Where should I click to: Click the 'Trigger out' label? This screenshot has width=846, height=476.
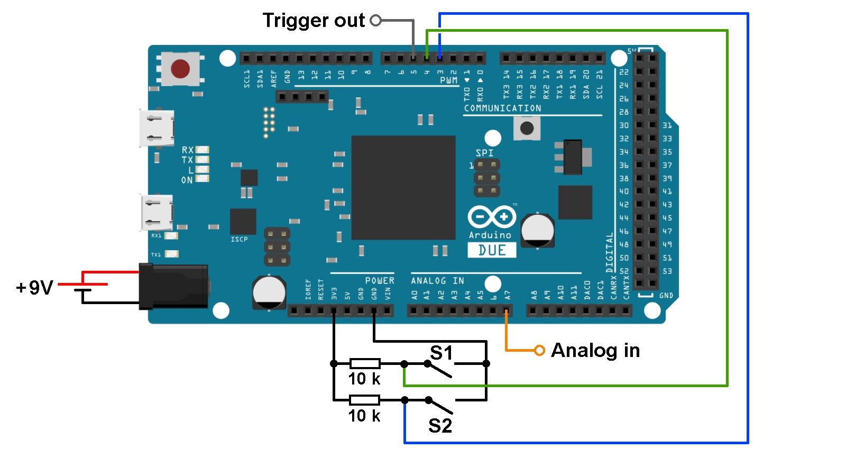pos(314,21)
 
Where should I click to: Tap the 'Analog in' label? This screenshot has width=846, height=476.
pos(595,350)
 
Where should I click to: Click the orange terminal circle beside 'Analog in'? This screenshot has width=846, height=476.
pos(539,350)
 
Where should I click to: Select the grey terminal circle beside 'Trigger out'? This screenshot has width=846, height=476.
pos(376,21)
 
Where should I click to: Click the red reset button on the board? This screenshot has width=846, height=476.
pos(180,69)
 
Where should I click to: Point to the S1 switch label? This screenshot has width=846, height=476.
pos(442,353)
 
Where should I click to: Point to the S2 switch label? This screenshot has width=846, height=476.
pos(440,425)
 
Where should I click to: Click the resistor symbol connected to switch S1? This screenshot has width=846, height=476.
pos(365,363)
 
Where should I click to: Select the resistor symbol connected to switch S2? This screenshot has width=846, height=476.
pos(365,400)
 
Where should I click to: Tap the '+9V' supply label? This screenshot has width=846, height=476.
pos(35,288)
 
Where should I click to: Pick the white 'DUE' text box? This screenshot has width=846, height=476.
pos(492,250)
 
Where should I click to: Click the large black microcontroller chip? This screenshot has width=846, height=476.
pos(403,188)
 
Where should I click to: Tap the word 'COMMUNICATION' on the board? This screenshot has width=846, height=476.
pos(502,108)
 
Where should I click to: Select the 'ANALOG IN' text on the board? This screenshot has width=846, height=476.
pos(437,281)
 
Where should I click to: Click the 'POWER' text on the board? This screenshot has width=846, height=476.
pos(380,280)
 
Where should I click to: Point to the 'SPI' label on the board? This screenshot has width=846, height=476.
pos(484,153)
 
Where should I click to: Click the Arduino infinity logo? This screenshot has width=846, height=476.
pos(492,217)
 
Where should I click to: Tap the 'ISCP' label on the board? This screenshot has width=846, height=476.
pos(239,240)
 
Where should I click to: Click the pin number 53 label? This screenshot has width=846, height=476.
pos(667,271)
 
